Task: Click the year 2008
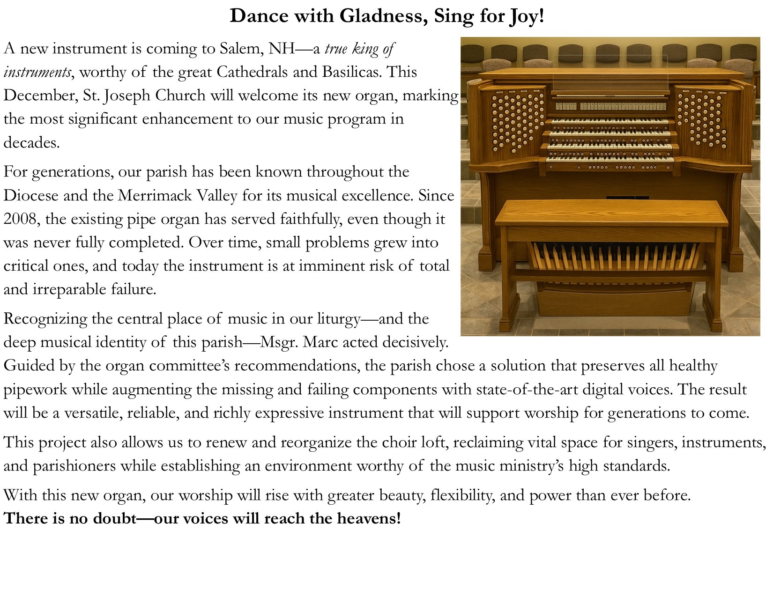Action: pos(22,219)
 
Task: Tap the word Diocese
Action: pos(31,195)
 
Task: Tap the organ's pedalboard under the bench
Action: pos(614,258)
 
